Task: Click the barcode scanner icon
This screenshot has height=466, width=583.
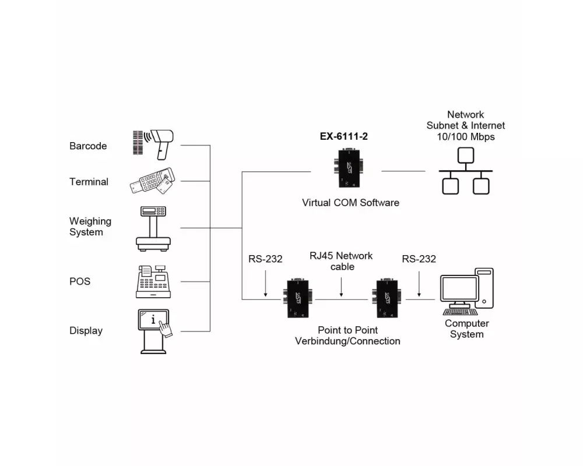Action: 153,143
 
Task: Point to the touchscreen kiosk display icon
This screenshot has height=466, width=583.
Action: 154,331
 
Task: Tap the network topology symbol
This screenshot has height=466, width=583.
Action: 465,171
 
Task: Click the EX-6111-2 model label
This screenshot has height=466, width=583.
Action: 344,137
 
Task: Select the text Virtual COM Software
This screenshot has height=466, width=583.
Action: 350,203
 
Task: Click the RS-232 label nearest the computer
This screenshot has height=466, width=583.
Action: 419,259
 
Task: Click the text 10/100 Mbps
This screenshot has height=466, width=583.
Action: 465,136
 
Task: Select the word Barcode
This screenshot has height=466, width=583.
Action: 88,146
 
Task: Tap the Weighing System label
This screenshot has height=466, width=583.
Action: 90,227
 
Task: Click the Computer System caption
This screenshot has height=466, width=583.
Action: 466,329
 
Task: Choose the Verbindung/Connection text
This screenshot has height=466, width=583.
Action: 347,341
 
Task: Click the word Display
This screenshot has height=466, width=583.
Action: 86,331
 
